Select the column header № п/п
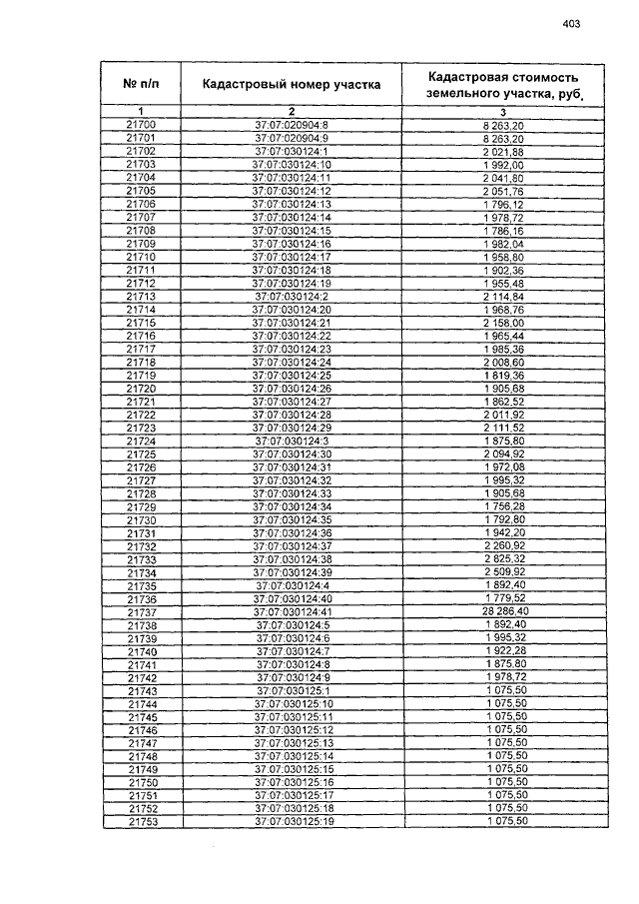click(x=141, y=84)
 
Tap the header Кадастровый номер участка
click(x=292, y=85)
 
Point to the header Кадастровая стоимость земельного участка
click(x=503, y=84)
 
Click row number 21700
click(x=141, y=124)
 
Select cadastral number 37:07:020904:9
click(x=292, y=137)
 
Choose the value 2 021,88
click(x=504, y=151)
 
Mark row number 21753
click(x=141, y=821)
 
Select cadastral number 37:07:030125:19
click(x=292, y=821)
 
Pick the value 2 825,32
click(x=504, y=559)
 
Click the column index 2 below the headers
click(x=292, y=110)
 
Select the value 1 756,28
click(x=504, y=506)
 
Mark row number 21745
click(x=141, y=717)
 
